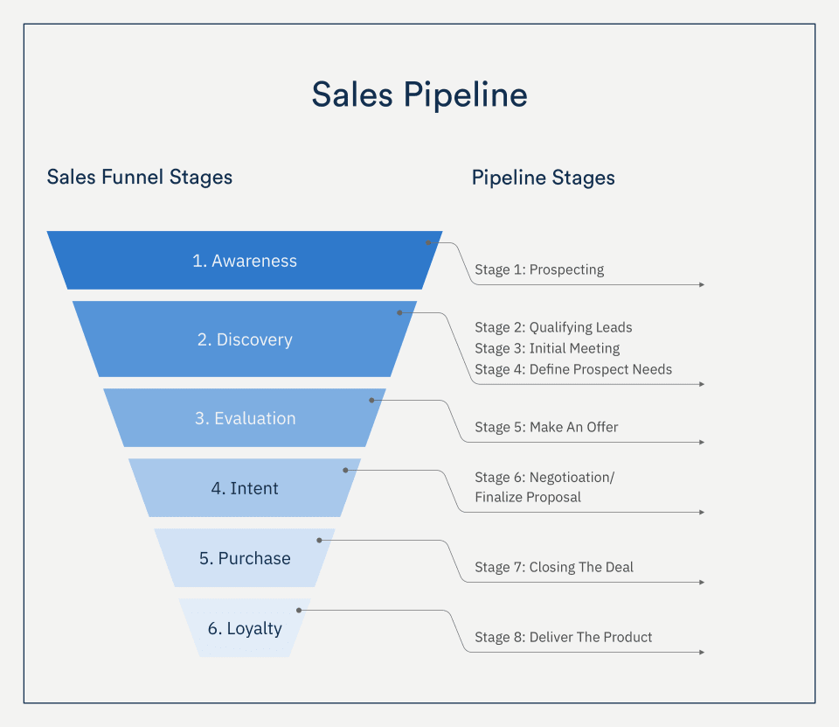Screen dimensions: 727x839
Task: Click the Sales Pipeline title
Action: coord(419,94)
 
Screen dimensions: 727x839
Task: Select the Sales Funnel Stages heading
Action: coord(140,178)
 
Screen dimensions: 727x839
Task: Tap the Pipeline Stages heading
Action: coord(543,178)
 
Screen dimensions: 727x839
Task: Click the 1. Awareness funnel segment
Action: coord(245,261)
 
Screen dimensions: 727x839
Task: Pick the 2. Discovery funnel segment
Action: coord(245,339)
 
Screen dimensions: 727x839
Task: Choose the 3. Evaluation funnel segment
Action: coord(245,418)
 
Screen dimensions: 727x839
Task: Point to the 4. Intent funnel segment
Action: coord(245,488)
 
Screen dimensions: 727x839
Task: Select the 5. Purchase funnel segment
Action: coord(245,558)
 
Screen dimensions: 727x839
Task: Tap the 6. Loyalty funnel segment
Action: coord(245,628)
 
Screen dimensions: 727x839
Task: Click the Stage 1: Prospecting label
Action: coord(539,269)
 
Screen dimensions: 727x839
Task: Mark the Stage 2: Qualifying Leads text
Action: coord(553,327)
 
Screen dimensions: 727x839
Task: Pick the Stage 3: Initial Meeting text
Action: coord(547,348)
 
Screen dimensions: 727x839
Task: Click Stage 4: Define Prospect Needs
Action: coord(573,369)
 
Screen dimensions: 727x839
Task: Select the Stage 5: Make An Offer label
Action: coord(546,427)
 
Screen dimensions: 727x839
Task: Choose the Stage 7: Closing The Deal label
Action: coord(554,567)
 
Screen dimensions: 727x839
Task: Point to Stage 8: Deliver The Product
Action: coord(564,637)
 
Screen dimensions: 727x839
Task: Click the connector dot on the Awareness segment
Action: coord(429,242)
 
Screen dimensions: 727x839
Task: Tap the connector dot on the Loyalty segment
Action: coord(299,610)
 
